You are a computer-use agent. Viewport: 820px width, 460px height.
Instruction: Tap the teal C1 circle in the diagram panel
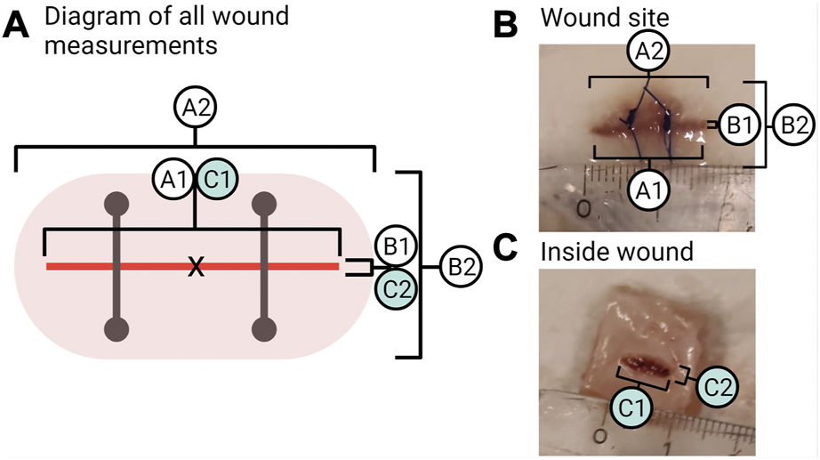[x=216, y=179]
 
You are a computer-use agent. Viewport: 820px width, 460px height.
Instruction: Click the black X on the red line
[x=195, y=266]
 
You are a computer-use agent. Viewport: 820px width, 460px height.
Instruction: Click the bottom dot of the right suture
[x=263, y=329]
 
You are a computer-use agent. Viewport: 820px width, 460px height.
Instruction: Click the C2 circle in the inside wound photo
[x=720, y=385]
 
